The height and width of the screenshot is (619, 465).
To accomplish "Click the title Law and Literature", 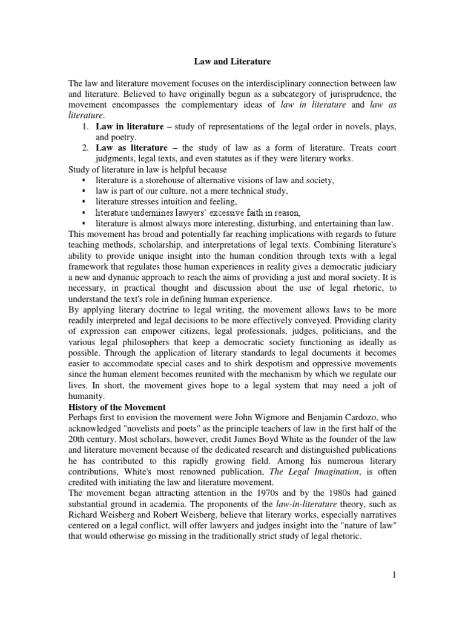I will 232,61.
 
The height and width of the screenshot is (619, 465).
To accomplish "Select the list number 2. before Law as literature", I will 85,147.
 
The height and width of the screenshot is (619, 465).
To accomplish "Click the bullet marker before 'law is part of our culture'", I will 82,191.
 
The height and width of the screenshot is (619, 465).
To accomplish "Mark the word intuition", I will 179,201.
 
